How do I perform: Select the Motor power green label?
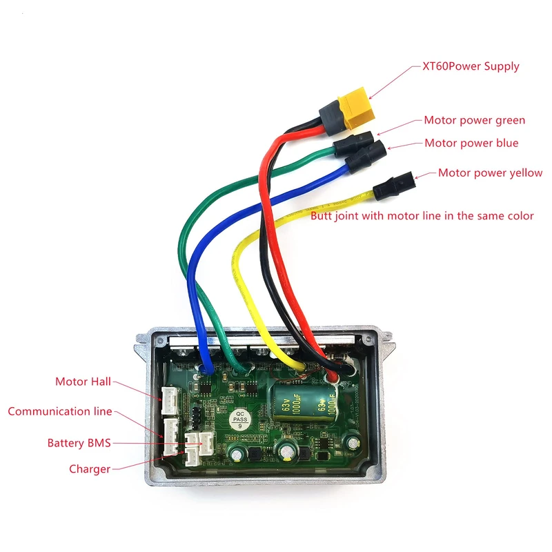coord(474,120)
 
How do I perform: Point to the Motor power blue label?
coord(471,143)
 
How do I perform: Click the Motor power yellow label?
coord(490,172)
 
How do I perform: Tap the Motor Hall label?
coord(83,382)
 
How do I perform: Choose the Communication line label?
coord(59,411)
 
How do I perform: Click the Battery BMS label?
coord(79,442)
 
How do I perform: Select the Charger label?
coord(90,469)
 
